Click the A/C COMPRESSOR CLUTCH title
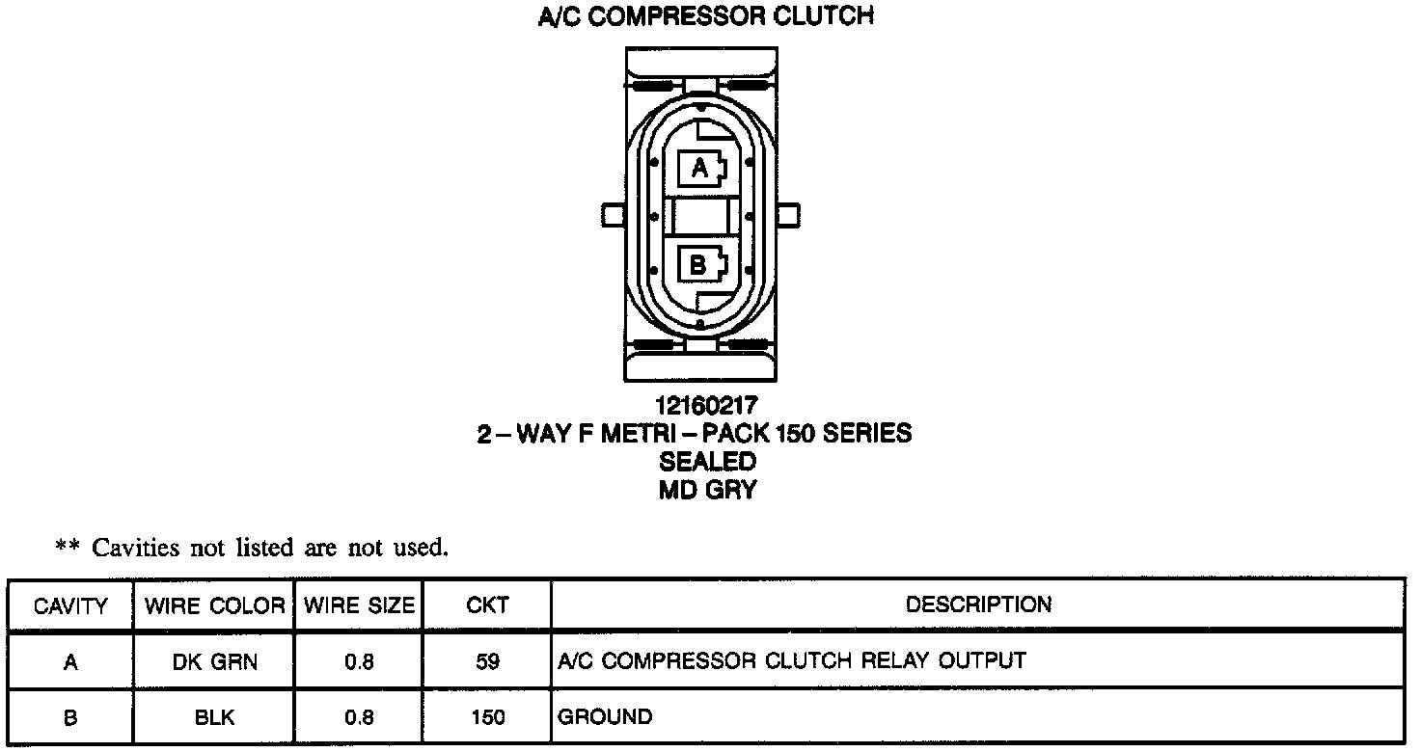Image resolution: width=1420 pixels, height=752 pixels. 705,16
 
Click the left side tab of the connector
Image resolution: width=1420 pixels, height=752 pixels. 613,213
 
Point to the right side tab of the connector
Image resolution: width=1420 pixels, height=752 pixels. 788,213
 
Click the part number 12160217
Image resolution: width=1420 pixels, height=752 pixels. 707,406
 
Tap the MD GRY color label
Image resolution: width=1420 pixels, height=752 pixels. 707,490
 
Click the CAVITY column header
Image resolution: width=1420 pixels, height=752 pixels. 70,606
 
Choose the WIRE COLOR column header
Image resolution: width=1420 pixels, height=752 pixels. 214,606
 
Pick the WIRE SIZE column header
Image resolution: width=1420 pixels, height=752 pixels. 359,606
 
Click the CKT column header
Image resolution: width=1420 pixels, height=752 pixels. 487,606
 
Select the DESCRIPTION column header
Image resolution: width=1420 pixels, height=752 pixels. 978,604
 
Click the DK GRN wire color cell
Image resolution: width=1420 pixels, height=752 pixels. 214,662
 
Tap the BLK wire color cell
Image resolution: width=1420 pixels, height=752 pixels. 214,718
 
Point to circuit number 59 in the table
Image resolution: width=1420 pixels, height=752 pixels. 487,662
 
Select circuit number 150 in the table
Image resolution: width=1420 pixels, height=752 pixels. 487,718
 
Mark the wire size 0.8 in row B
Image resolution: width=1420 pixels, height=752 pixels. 359,718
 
